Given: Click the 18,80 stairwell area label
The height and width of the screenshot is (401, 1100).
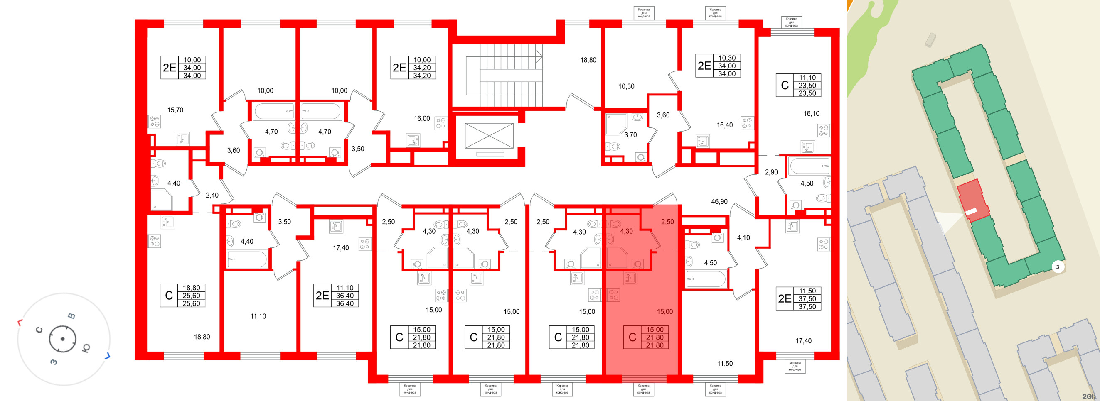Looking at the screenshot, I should [x=588, y=60].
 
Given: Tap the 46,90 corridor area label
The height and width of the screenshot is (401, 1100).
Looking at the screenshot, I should [x=719, y=201].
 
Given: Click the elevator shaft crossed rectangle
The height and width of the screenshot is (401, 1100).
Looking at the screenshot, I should [x=489, y=136].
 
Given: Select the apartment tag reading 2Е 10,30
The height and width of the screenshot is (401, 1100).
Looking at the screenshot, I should [x=718, y=66].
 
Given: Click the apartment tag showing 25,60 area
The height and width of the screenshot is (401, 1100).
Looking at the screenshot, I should [x=182, y=296].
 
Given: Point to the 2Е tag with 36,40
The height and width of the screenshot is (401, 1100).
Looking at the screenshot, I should [x=337, y=296].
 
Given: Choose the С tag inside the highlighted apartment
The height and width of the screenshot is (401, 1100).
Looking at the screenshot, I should [x=646, y=337].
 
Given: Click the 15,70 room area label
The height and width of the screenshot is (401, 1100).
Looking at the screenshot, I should [x=175, y=110].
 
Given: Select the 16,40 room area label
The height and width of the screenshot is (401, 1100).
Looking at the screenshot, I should [x=725, y=125].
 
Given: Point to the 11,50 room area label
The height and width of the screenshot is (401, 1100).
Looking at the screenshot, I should [x=725, y=364].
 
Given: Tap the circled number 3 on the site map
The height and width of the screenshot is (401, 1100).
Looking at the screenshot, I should [x=1057, y=267].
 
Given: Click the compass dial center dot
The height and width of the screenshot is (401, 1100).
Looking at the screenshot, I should [x=62, y=339].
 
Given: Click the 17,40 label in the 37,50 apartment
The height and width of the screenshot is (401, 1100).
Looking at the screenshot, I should [x=803, y=341].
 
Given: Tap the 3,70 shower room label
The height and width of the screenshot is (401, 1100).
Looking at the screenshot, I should [x=630, y=135].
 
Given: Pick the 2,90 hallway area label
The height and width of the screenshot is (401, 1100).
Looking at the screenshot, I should [x=771, y=172].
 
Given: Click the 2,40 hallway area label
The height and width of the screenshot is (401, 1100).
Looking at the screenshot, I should [x=212, y=196].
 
